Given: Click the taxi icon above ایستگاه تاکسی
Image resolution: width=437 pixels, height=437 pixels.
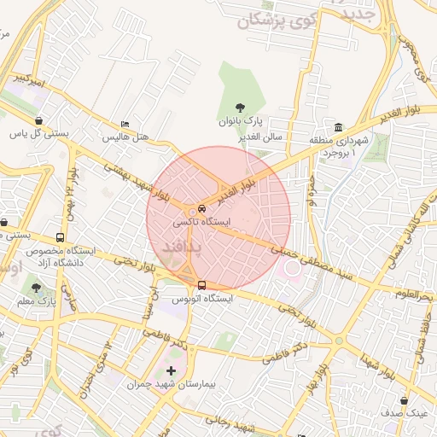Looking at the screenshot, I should [201, 207].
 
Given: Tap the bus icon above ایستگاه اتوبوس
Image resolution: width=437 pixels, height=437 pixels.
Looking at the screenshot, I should [201, 285].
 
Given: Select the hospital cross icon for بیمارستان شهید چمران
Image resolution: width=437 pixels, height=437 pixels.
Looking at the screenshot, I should [172, 370].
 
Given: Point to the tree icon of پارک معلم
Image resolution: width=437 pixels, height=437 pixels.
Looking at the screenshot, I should [36, 287].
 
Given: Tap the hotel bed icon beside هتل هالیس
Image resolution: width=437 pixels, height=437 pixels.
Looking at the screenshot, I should [125, 124].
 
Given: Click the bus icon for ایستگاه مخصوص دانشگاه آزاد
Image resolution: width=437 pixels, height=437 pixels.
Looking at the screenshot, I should [60, 237].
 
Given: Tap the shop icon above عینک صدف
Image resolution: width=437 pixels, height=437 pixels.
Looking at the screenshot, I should [404, 399].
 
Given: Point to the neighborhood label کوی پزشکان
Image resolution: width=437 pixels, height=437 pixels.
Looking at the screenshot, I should [260, 22].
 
